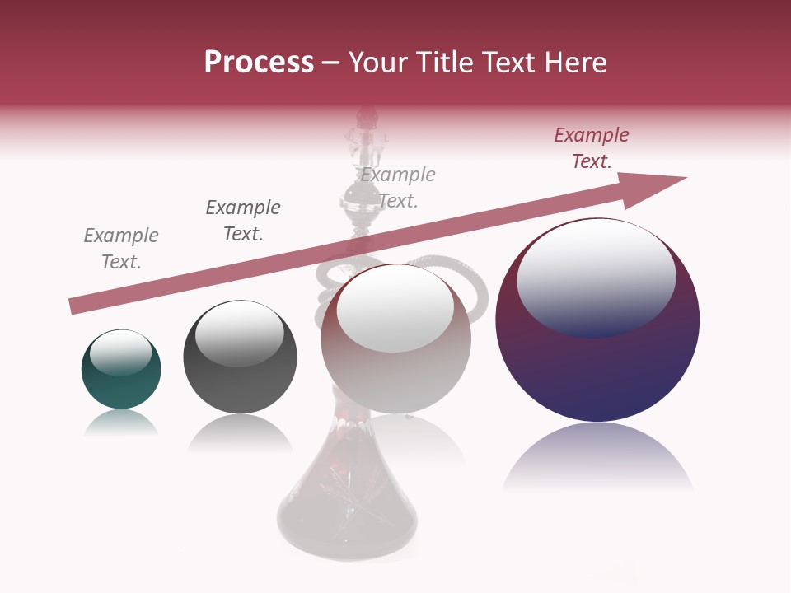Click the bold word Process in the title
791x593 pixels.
pos(259,63)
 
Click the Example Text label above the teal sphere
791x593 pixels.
pos(121,249)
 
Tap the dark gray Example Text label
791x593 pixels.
pos(243,221)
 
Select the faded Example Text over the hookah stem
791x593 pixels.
pos(398,188)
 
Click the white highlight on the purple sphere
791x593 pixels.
pos(596,276)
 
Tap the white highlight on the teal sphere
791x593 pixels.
pos(120,353)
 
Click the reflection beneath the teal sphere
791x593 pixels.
pos(121,423)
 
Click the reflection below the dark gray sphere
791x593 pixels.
pos(240,433)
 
